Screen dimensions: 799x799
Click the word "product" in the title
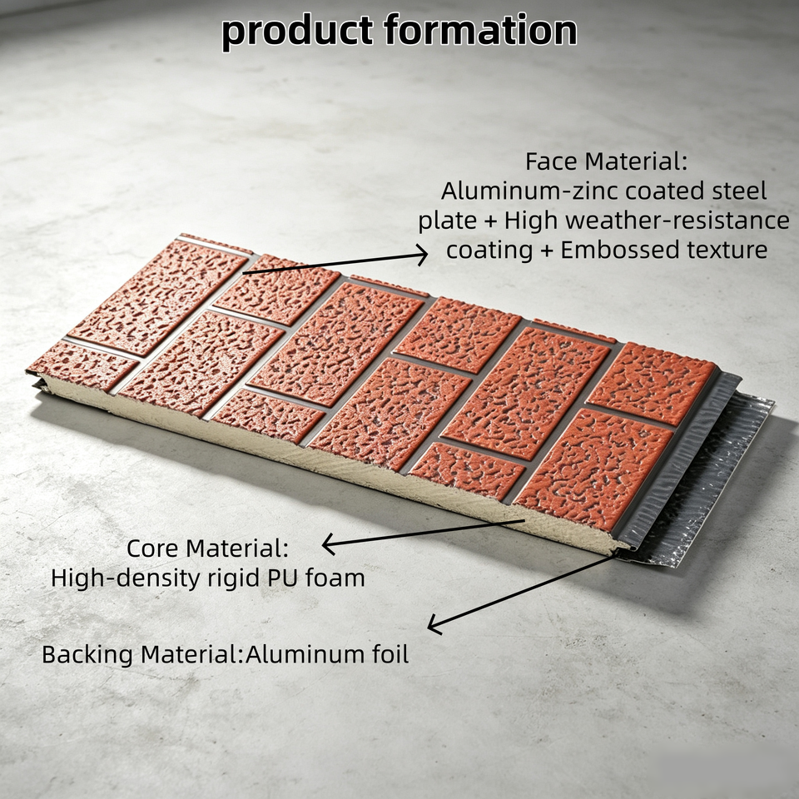[297, 32]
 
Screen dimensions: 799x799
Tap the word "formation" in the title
[480, 30]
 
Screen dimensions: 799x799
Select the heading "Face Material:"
[607, 161]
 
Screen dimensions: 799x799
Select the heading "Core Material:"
[207, 548]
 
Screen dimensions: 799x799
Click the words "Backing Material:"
[142, 654]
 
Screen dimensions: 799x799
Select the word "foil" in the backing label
[391, 654]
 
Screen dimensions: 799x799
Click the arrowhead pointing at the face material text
[422, 255]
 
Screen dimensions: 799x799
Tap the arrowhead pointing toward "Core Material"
[328, 544]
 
